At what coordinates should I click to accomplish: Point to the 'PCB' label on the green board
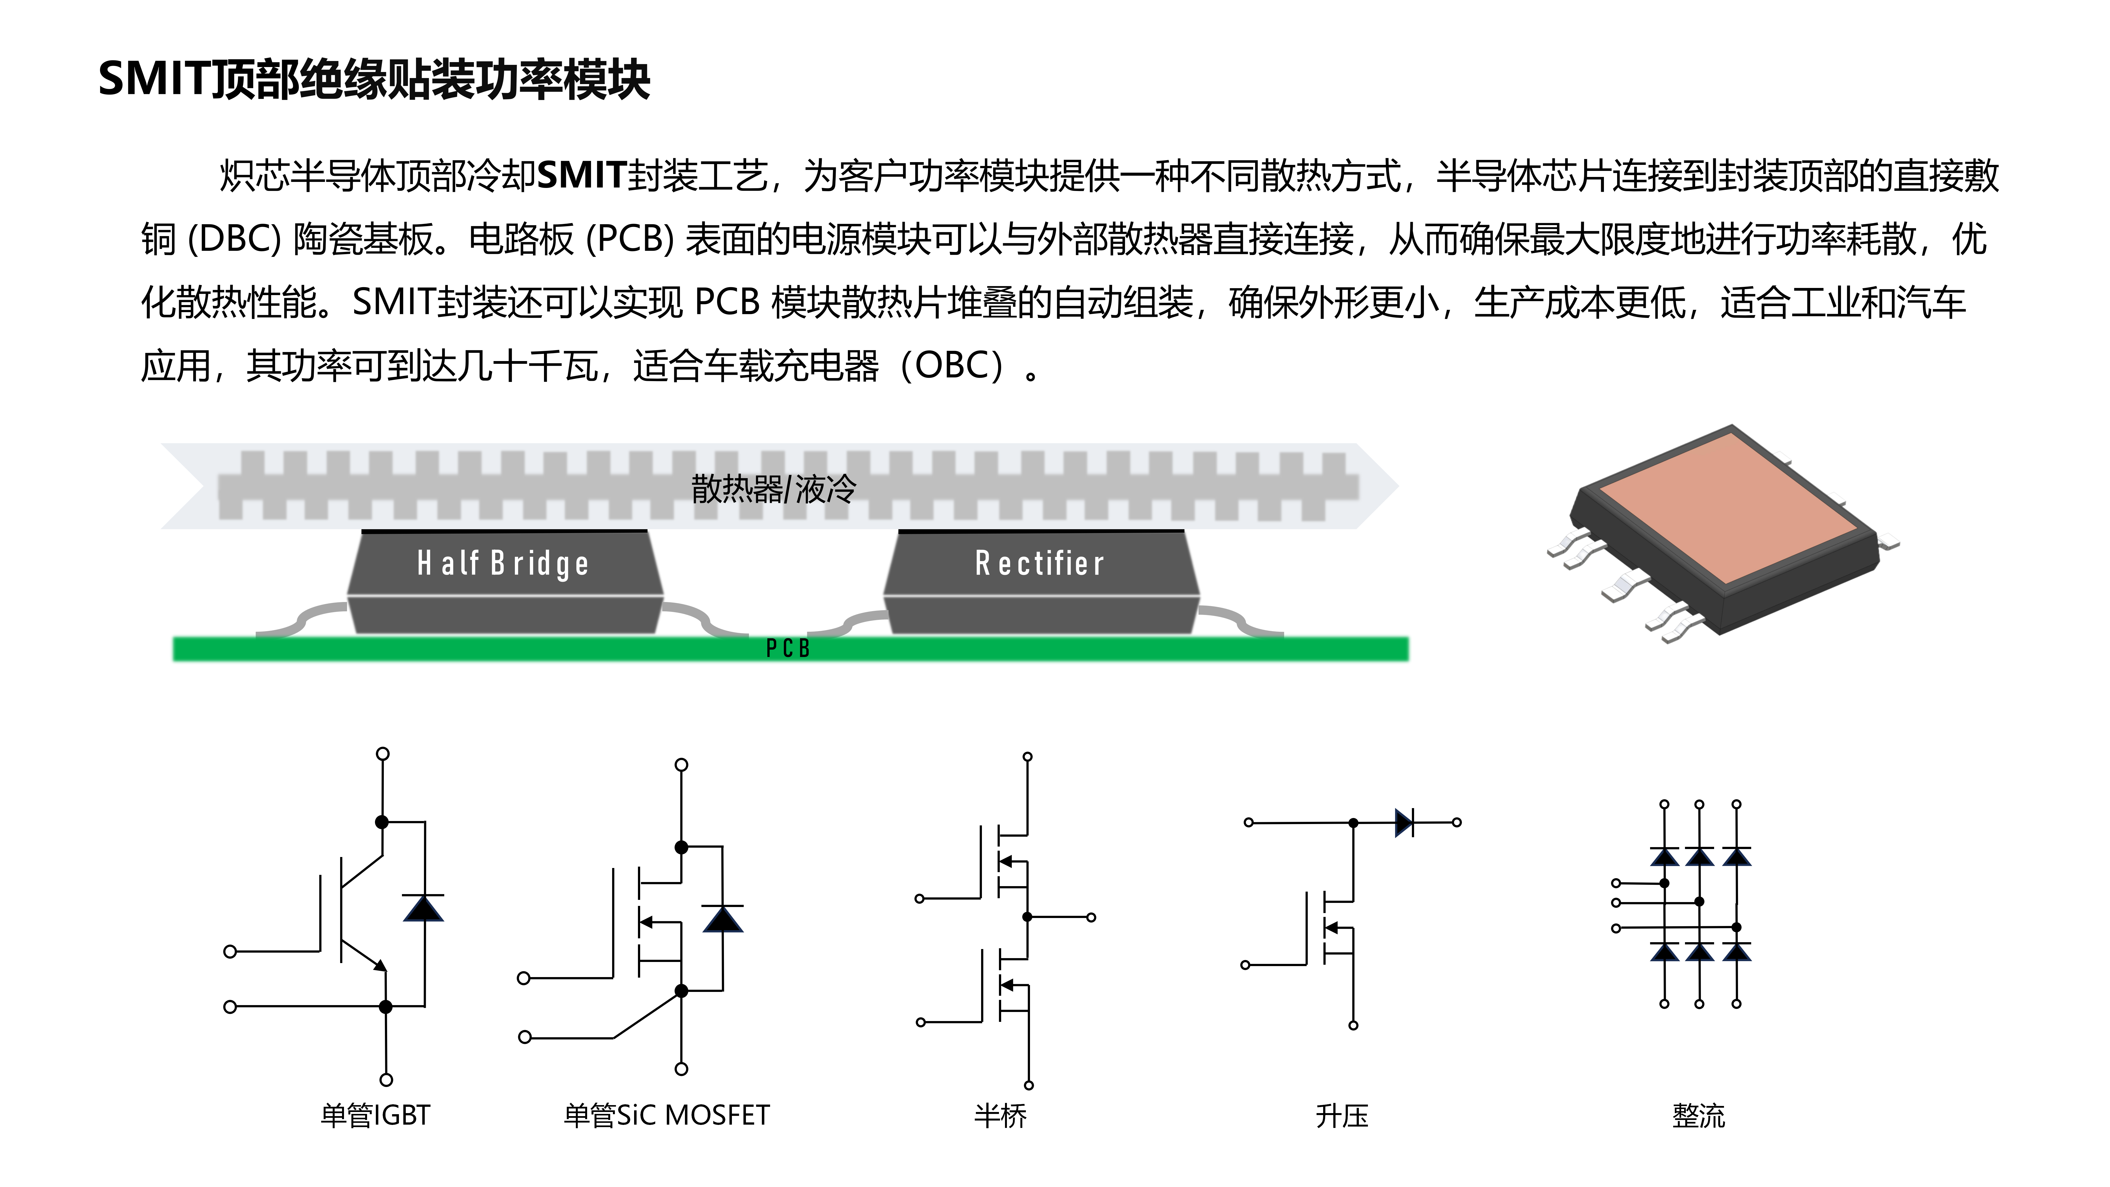pyautogui.click(x=788, y=649)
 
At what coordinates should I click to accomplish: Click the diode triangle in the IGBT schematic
pyautogui.click(x=423, y=908)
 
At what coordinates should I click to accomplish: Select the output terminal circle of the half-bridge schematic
pyautogui.click(x=1091, y=917)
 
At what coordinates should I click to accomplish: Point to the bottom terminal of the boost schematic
pyautogui.click(x=1353, y=1025)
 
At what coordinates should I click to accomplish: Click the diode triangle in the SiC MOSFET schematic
pyautogui.click(x=723, y=919)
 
